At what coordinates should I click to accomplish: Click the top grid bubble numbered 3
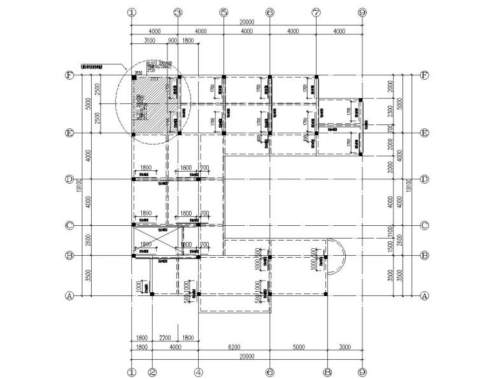pos(178,12)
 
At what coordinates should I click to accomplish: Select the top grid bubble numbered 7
pos(316,12)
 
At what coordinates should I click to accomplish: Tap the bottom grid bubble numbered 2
pos(152,371)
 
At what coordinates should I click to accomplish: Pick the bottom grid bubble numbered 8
pos(327,371)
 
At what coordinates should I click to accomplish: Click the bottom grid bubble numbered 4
pos(198,371)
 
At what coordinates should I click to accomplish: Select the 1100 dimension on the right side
pos(391,232)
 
